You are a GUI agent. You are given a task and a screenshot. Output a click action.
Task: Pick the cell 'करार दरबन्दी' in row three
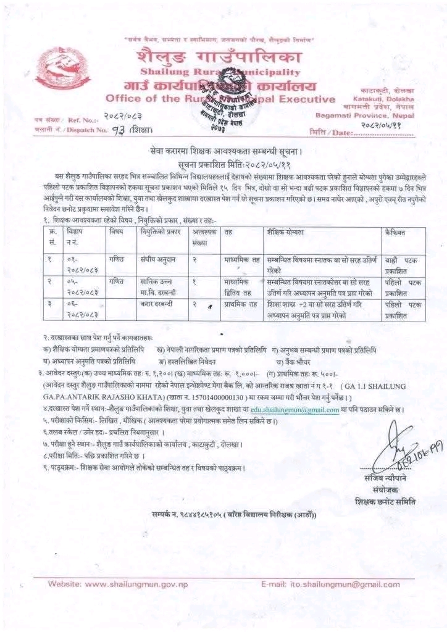pos(155,305)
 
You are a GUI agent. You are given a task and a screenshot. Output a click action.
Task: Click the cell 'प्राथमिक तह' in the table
pos(240,305)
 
